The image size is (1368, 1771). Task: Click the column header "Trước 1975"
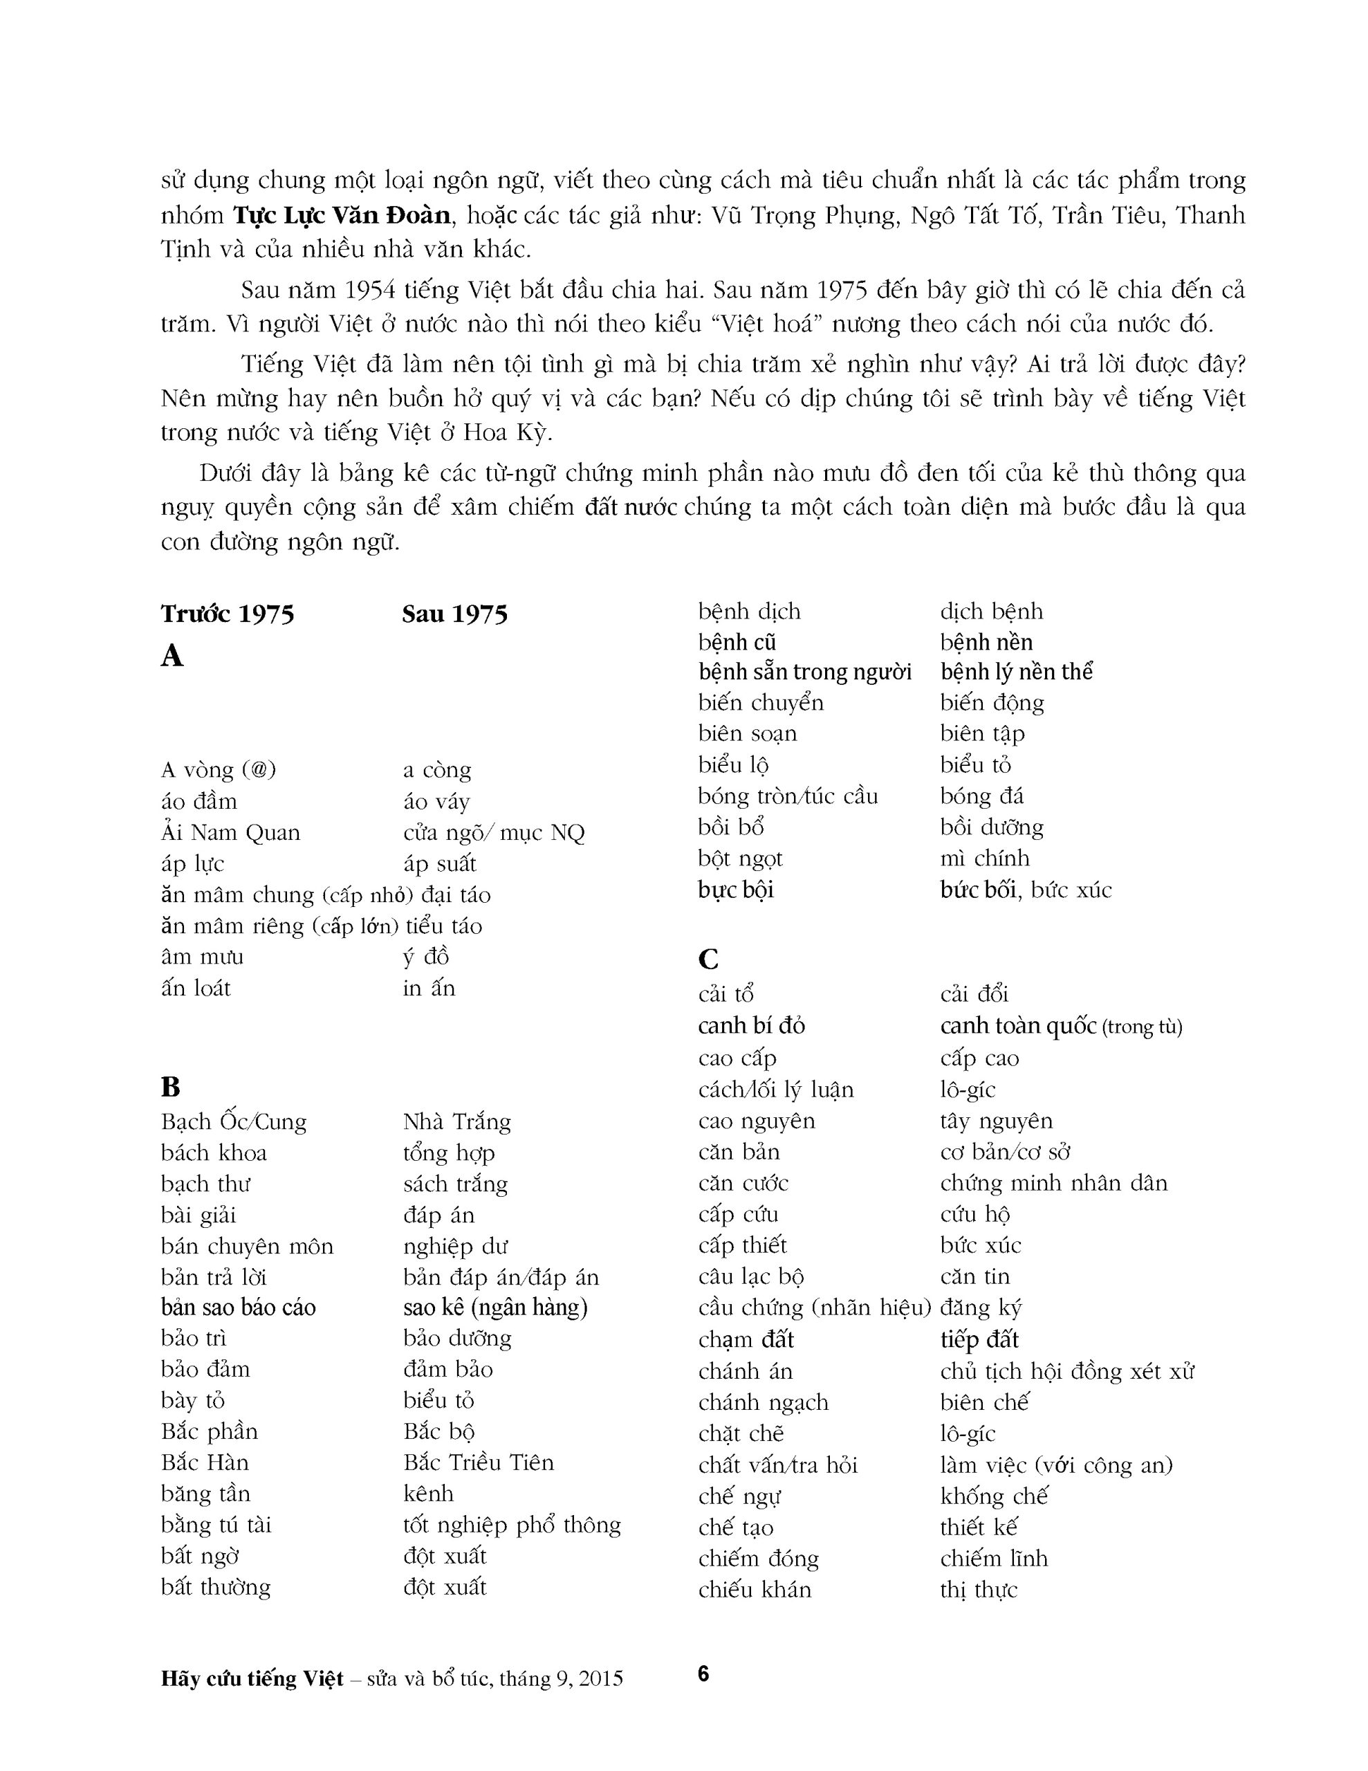(227, 614)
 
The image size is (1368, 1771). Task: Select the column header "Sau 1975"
(454, 614)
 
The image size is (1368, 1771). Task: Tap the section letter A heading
(172, 656)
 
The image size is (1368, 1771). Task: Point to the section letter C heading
(708, 960)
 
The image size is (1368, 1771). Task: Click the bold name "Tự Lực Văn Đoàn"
(342, 216)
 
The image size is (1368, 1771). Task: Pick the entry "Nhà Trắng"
(456, 1122)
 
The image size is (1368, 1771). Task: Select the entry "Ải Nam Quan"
(230, 833)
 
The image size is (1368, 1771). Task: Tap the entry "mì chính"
(984, 859)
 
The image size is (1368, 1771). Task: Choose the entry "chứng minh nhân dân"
(1053, 1184)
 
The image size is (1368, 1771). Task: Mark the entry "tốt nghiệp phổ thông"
(512, 1525)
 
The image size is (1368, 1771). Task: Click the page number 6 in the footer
(703, 1673)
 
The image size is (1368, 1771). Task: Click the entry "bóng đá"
(981, 796)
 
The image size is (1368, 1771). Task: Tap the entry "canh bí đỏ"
(751, 1027)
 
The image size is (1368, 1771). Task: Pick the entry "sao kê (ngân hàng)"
(494, 1307)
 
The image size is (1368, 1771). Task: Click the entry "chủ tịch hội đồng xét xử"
(1067, 1371)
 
